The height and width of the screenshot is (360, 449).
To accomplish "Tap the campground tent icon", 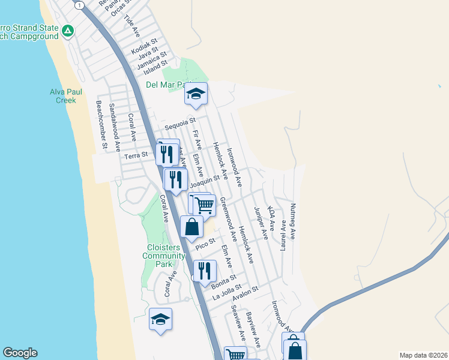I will click(68, 30).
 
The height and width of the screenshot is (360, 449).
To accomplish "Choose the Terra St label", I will click(136, 155).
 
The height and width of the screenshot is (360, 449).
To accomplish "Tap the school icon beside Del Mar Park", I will click(196, 94).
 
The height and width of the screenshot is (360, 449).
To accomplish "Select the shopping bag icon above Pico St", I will click(191, 227).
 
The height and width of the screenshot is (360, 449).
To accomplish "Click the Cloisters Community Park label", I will click(163, 256).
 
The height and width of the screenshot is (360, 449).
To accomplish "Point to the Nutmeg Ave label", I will click(293, 217).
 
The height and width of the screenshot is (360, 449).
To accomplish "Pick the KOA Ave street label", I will click(271, 219).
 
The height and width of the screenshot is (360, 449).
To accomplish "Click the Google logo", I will click(20, 353).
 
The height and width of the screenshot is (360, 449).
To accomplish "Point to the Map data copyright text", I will click(423, 355).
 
